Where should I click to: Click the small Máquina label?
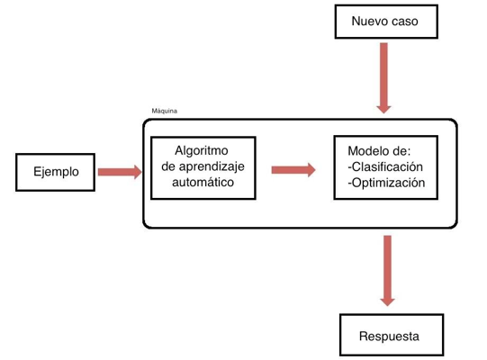(165, 111)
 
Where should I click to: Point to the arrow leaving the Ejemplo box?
(120, 172)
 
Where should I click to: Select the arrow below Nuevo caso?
(383, 78)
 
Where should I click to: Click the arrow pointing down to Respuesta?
(387, 271)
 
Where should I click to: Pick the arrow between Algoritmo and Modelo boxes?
(293, 170)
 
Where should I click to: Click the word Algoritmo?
(202, 150)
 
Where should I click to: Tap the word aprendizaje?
(212, 167)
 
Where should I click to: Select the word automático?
(203, 183)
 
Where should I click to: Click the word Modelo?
(370, 151)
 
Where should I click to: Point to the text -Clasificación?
(385, 166)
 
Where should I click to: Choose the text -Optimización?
(386, 183)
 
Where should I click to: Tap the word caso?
(403, 22)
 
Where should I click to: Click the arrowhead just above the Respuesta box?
(387, 302)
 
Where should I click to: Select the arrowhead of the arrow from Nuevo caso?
(383, 110)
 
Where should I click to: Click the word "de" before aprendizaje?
(168, 166)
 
